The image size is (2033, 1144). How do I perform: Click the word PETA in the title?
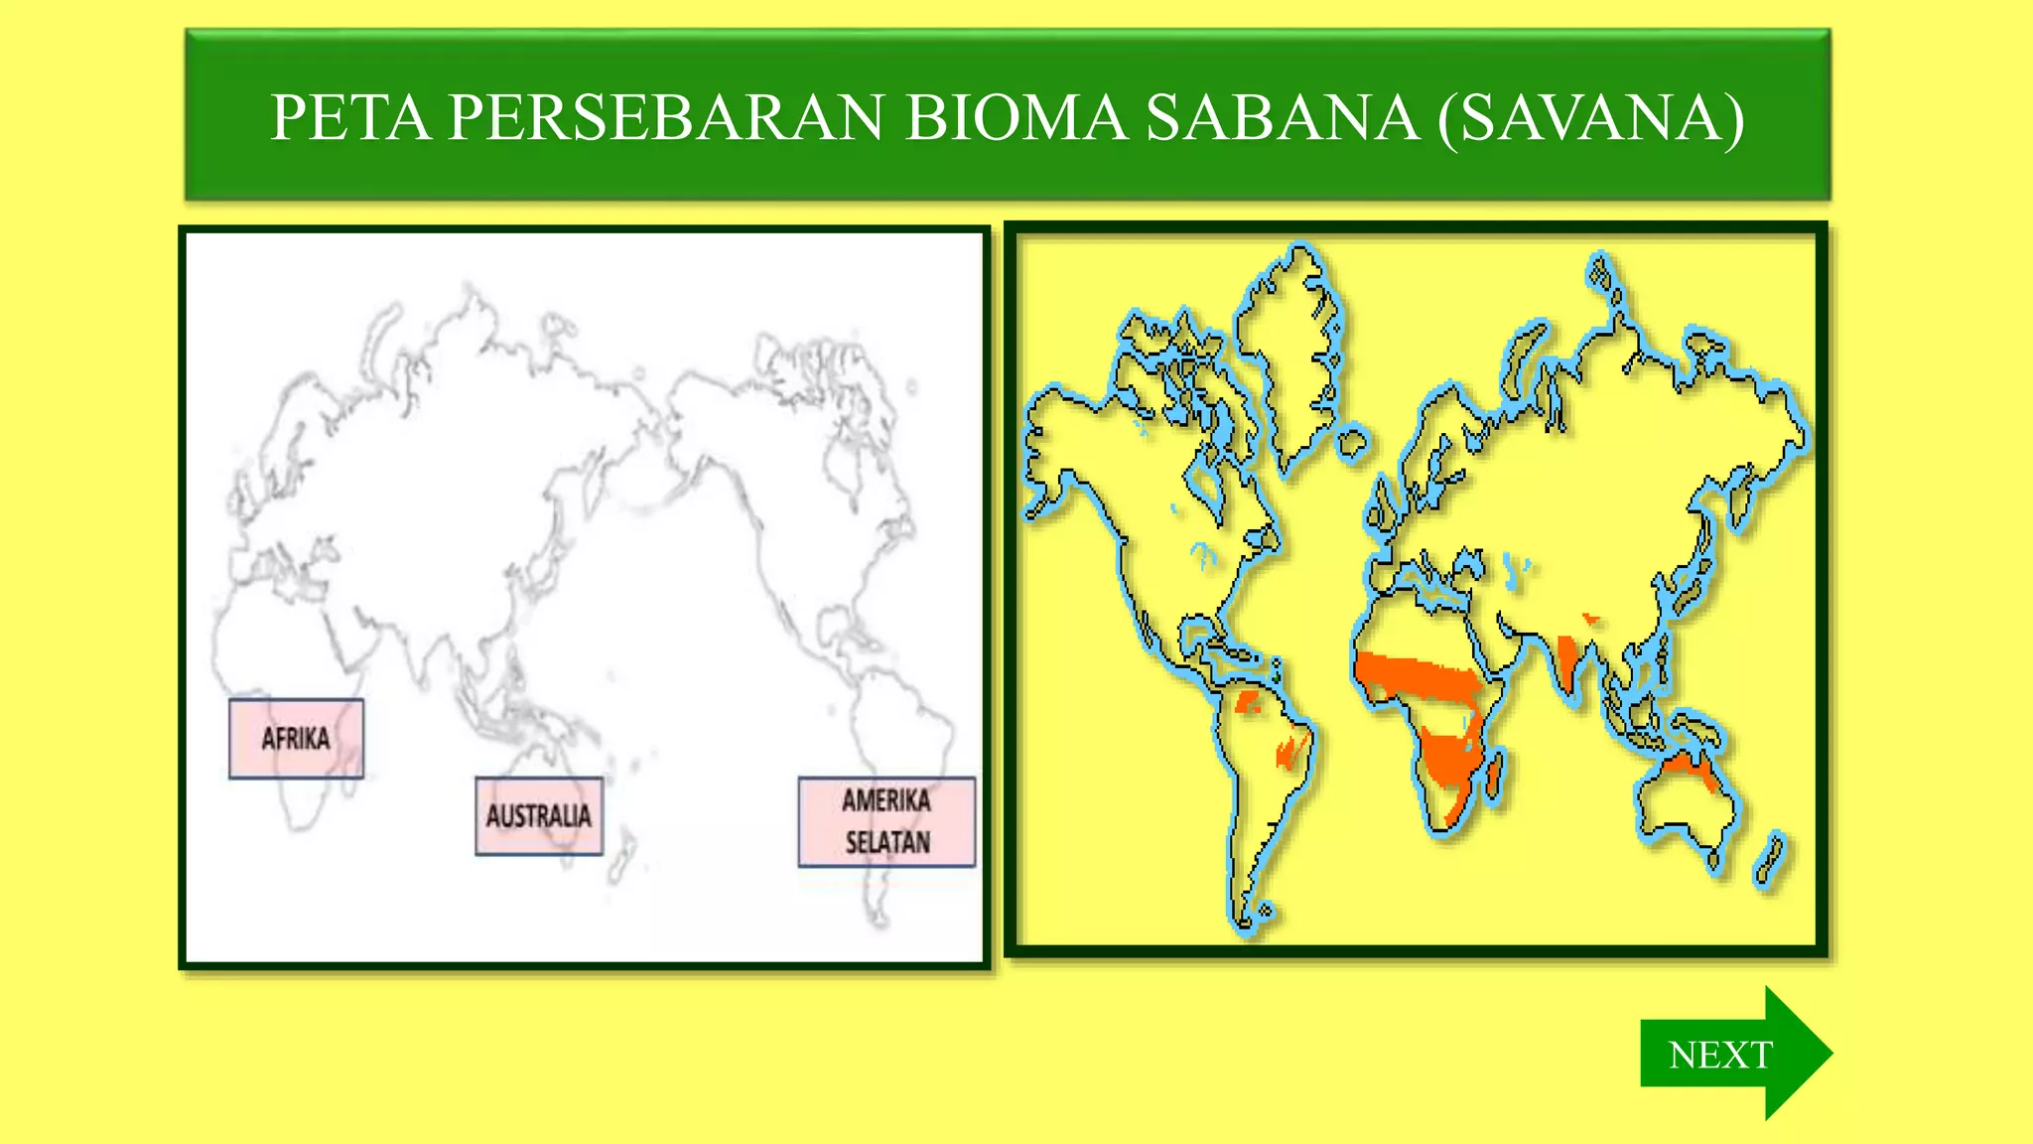(350, 118)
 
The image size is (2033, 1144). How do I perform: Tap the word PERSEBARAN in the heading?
(666, 118)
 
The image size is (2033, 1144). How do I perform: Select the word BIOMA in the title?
(1016, 118)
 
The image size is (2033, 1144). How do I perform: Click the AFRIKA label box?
(296, 739)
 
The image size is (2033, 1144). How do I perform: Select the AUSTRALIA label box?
(539, 816)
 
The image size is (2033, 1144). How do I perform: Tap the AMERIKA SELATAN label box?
(886, 822)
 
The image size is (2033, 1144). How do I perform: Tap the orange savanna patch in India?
(1568, 660)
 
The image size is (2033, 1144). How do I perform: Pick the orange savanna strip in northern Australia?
(1687, 766)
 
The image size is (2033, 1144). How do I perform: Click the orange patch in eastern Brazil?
(1290, 750)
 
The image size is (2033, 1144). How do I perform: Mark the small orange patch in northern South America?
(1247, 704)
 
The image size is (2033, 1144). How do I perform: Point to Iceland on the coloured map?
(1352, 441)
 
